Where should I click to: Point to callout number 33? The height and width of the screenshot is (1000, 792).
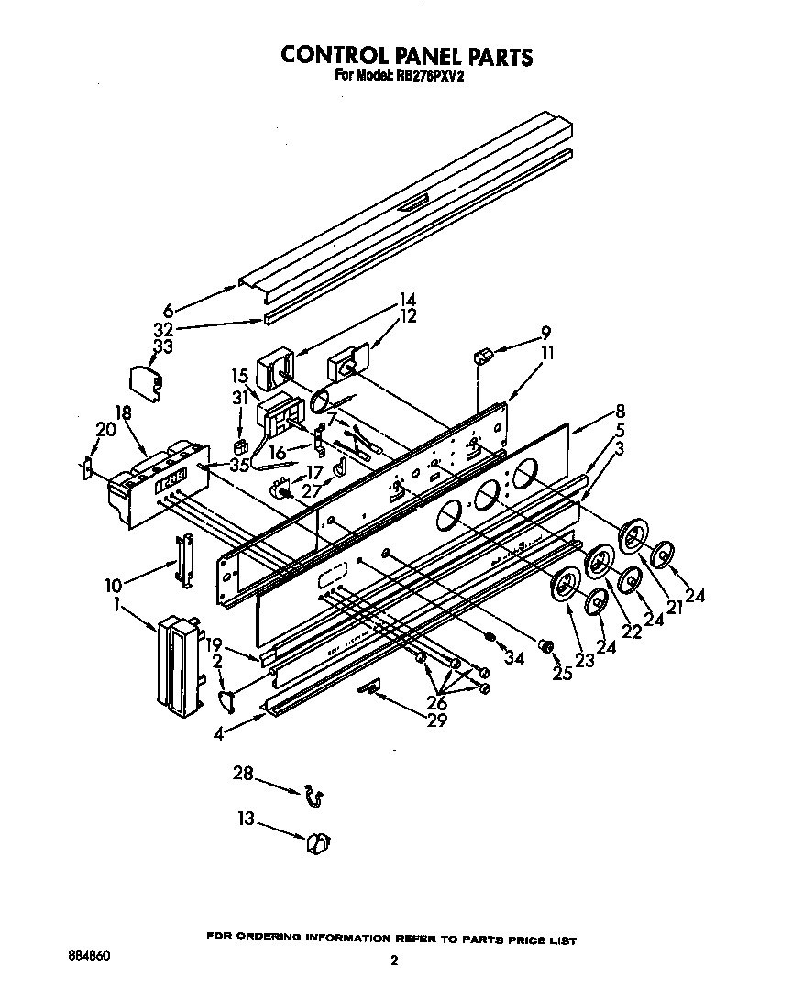pyautogui.click(x=162, y=346)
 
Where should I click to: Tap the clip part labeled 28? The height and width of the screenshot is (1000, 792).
pyautogui.click(x=313, y=797)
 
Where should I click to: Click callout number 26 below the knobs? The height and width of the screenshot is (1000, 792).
pyautogui.click(x=436, y=703)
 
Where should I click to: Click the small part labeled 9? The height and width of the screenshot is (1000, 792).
pyautogui.click(x=484, y=354)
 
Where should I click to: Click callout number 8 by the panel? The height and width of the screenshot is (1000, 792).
pyautogui.click(x=621, y=411)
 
